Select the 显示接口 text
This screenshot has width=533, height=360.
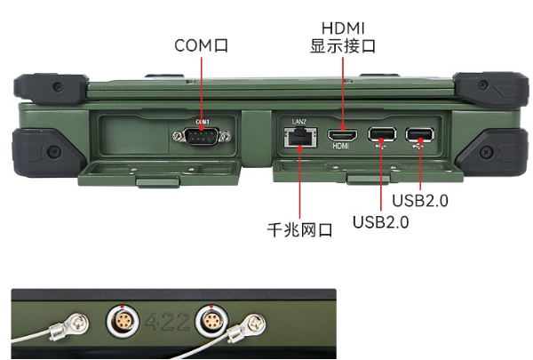(x=342, y=46)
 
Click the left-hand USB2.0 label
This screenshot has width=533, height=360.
(x=380, y=221)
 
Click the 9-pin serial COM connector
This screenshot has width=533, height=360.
(x=203, y=135)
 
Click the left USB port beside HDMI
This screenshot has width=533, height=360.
(x=381, y=135)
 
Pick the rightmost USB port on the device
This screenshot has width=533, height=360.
(x=418, y=135)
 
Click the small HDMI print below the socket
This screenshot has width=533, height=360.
(x=340, y=149)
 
